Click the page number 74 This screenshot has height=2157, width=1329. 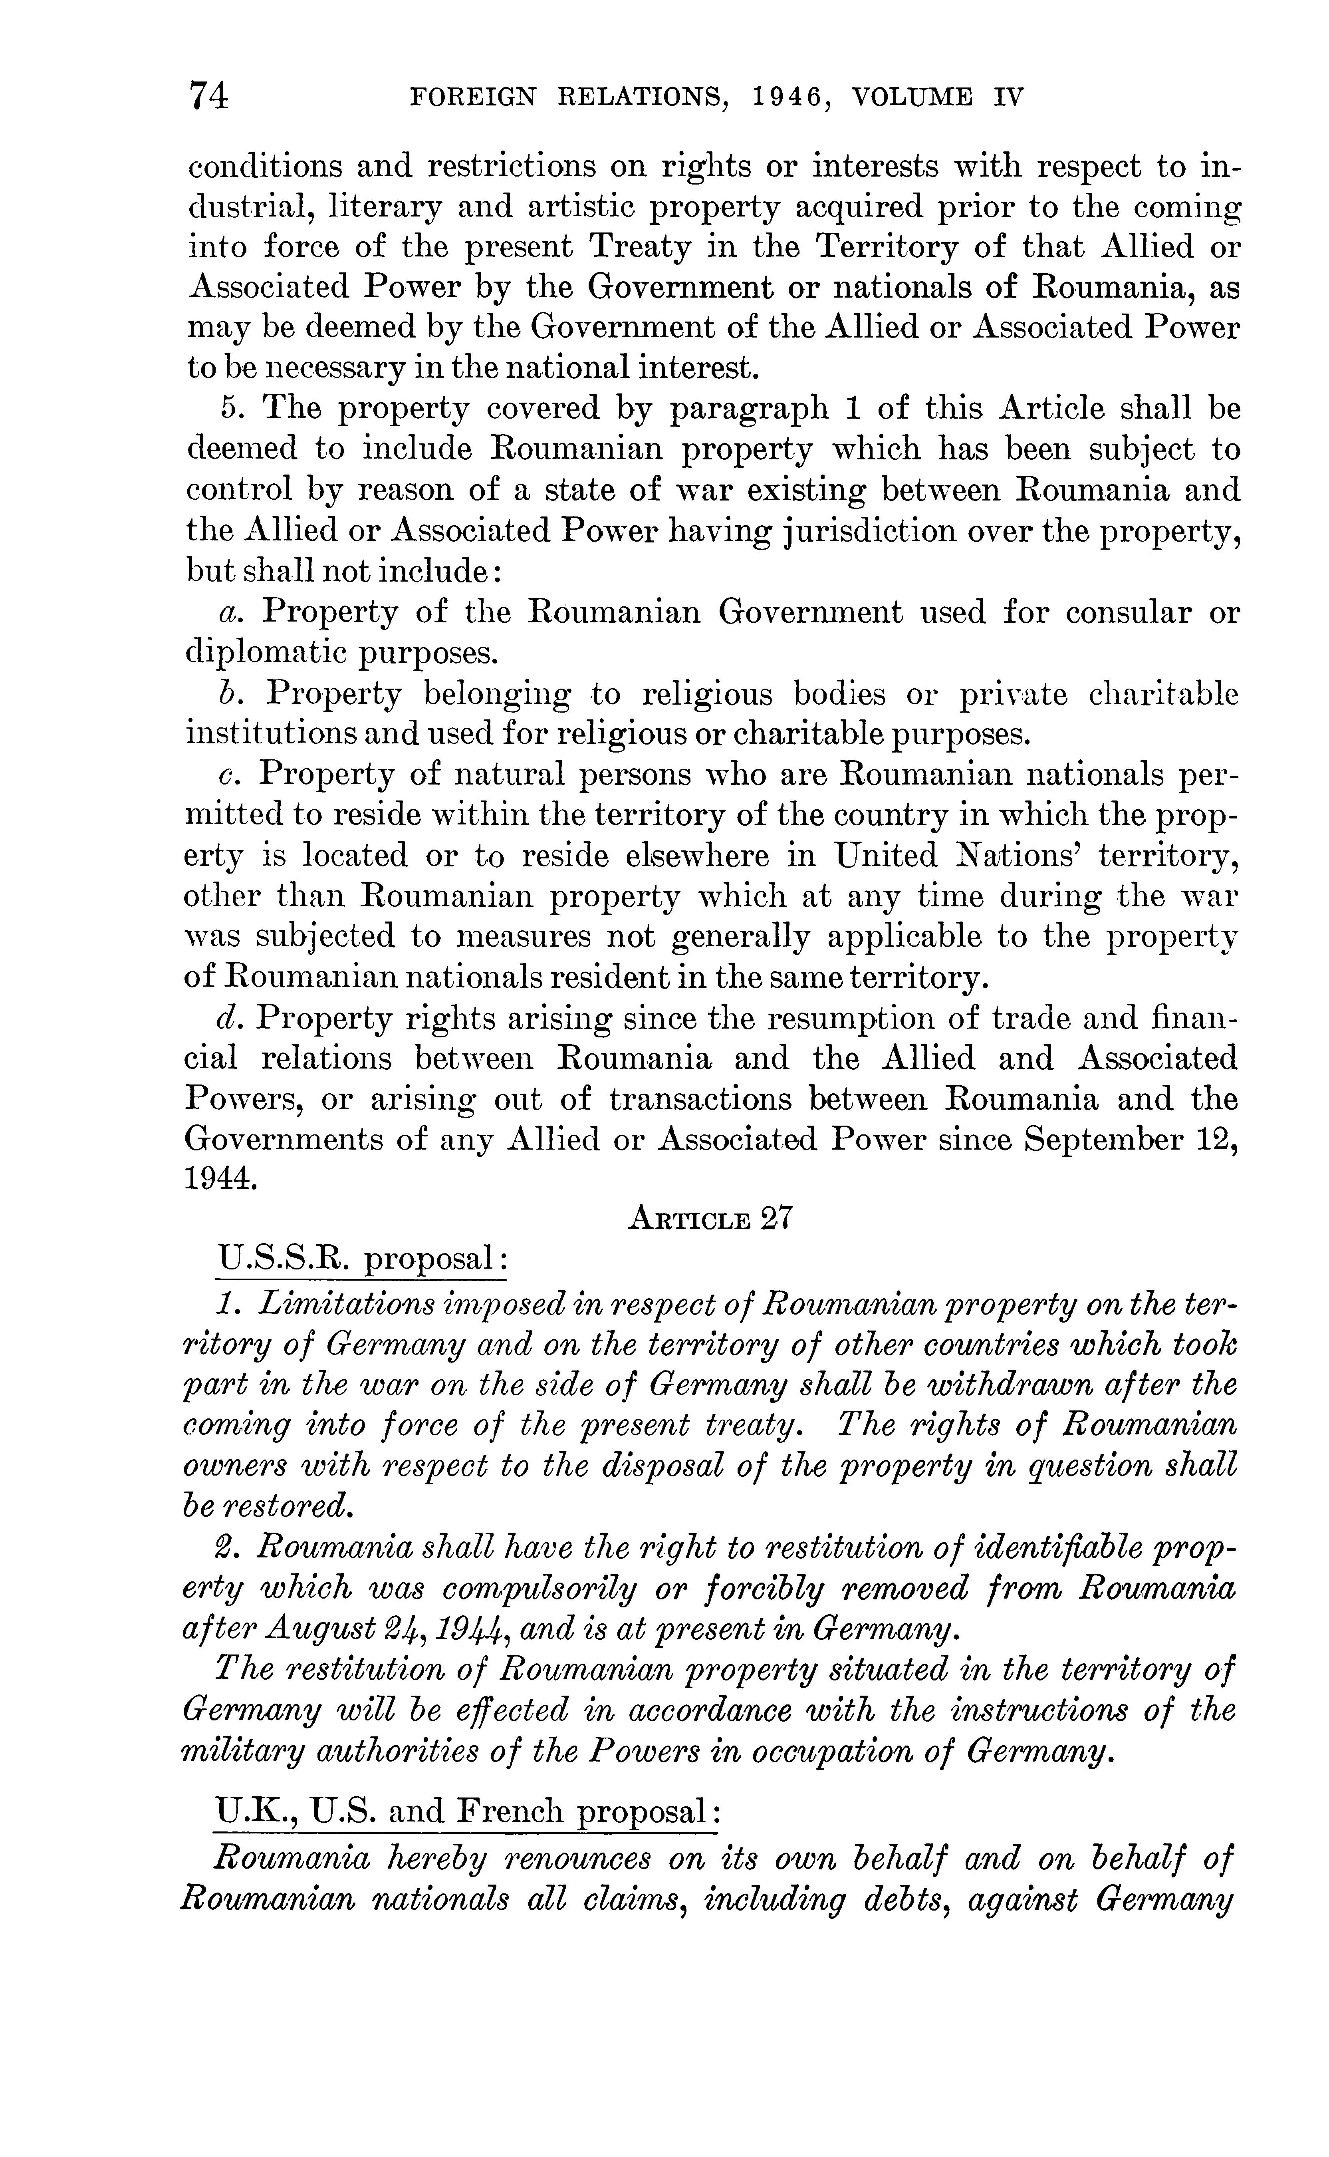(208, 95)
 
